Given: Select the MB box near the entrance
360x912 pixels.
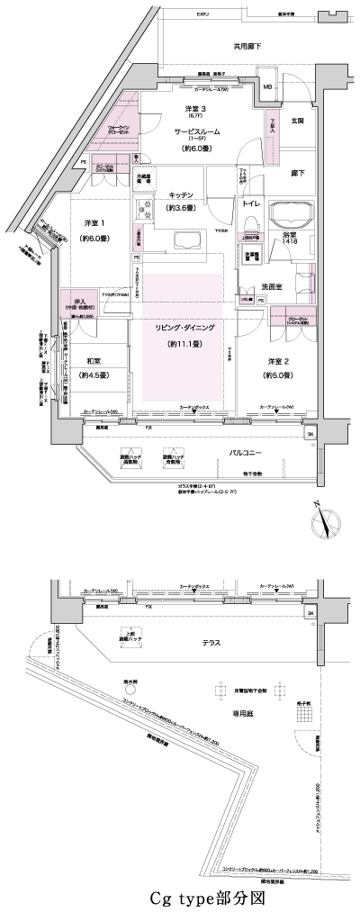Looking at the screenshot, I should coord(267,86).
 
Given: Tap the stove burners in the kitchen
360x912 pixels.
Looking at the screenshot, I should coord(145,210).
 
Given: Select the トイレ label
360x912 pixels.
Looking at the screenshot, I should coord(250,204).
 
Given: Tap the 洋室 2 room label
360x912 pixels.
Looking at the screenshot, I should coord(275,361).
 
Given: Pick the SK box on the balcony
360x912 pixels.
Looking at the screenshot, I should coord(310,435).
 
